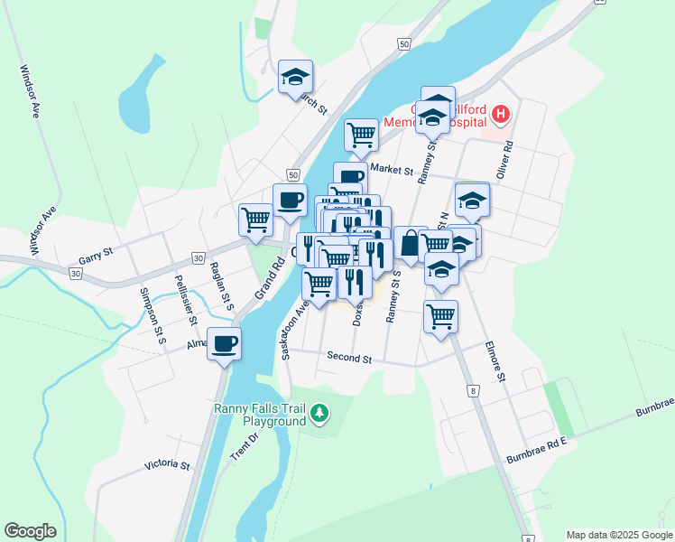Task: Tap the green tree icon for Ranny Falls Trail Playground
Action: click(x=319, y=415)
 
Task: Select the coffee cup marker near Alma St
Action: click(x=224, y=343)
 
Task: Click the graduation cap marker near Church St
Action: click(x=294, y=79)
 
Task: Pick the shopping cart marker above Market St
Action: click(x=361, y=135)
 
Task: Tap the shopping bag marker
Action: click(x=411, y=243)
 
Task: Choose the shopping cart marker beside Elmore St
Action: click(x=440, y=317)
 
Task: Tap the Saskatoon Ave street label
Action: click(x=294, y=330)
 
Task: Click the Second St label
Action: click(x=349, y=359)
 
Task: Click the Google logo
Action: click(x=30, y=531)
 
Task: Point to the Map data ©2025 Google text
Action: click(x=619, y=535)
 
